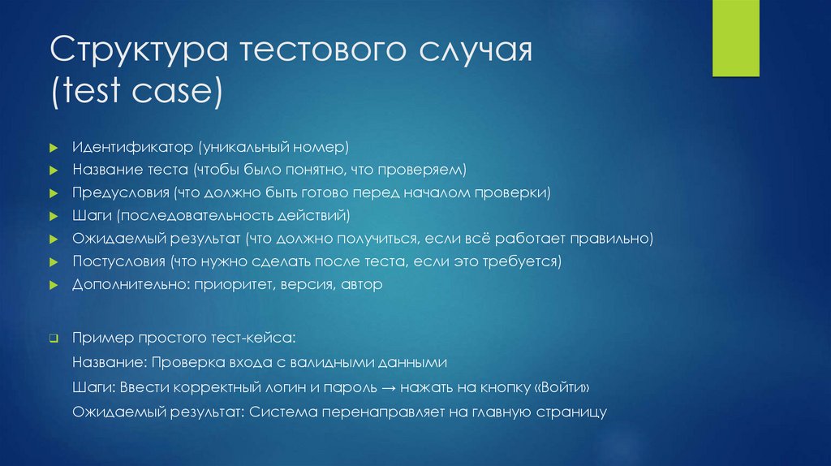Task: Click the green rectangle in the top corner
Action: pos(735,38)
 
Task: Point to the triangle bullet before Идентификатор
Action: pos(53,149)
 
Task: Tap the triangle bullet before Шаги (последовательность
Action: pos(53,218)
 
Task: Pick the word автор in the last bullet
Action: pos(361,285)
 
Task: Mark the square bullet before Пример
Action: pos(53,337)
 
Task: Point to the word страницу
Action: pos(571,412)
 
